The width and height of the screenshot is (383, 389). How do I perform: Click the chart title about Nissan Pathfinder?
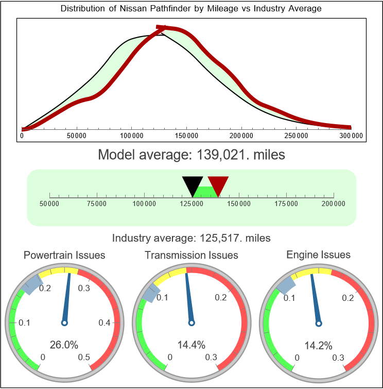[x=191, y=9]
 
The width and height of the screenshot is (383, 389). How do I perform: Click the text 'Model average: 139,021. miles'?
[x=191, y=154]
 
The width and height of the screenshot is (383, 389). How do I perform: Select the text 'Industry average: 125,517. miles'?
[x=191, y=238]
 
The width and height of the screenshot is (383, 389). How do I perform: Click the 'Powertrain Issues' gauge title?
[x=64, y=255]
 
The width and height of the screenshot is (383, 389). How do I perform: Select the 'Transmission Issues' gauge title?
[x=191, y=255]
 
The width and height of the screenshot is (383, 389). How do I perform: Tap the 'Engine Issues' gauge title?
[x=318, y=255]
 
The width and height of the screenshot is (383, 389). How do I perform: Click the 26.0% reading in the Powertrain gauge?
[x=64, y=345]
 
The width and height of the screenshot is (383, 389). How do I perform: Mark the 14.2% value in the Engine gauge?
[x=318, y=345]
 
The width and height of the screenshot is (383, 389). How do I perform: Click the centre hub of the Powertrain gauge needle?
[x=64, y=323]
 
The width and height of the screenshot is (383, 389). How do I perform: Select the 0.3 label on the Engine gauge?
[x=338, y=357]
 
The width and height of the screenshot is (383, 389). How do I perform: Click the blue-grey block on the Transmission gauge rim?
[x=149, y=295]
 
